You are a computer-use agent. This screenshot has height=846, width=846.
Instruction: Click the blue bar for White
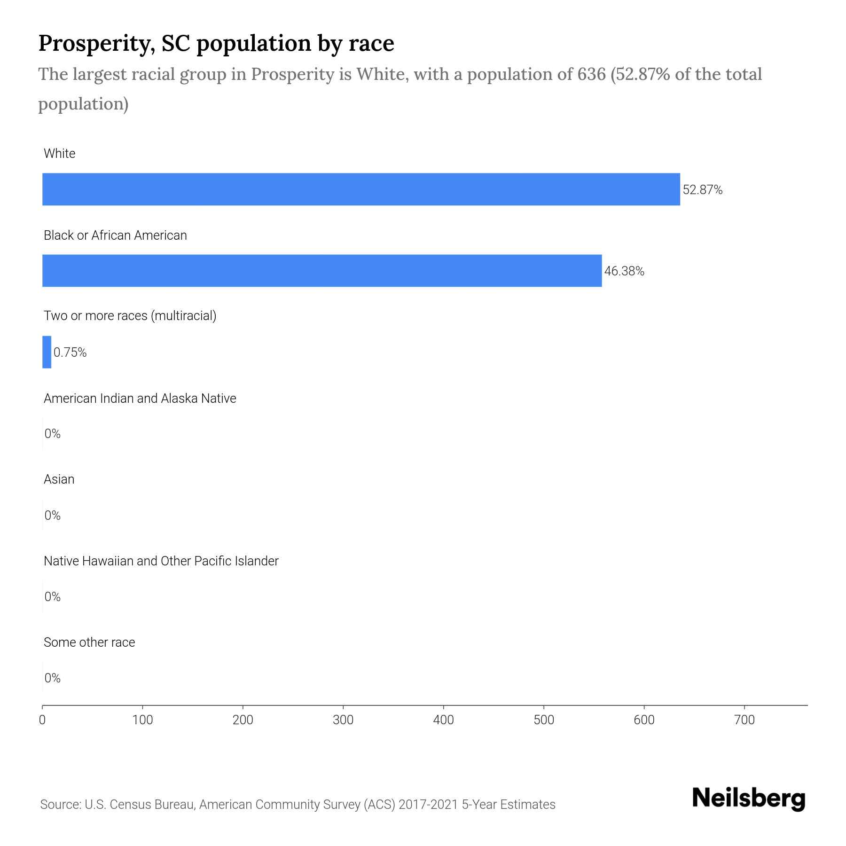361,189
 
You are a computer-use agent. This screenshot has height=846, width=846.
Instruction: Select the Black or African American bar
322,271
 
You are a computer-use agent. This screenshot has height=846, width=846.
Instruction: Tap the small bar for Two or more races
47,352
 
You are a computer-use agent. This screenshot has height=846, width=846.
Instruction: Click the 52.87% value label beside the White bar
702,190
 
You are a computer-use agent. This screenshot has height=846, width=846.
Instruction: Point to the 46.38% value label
624,271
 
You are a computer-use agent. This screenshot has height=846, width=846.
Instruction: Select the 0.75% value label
70,352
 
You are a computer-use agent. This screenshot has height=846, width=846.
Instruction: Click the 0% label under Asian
53,516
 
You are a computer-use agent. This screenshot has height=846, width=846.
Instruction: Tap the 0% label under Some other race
53,678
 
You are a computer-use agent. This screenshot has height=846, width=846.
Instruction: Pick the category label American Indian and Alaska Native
140,399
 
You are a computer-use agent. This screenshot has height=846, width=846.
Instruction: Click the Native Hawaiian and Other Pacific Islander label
161,561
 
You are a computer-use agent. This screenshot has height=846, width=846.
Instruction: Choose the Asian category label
59,479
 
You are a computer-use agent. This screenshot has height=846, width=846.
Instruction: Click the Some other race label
89,642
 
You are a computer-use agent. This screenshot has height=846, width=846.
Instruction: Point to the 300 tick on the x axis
343,720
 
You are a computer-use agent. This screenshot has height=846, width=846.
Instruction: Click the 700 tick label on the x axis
744,720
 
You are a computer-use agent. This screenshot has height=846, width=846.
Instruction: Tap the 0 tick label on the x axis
42,720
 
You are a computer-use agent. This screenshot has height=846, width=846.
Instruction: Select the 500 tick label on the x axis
544,720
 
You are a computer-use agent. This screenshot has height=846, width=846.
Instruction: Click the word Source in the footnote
59,805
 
